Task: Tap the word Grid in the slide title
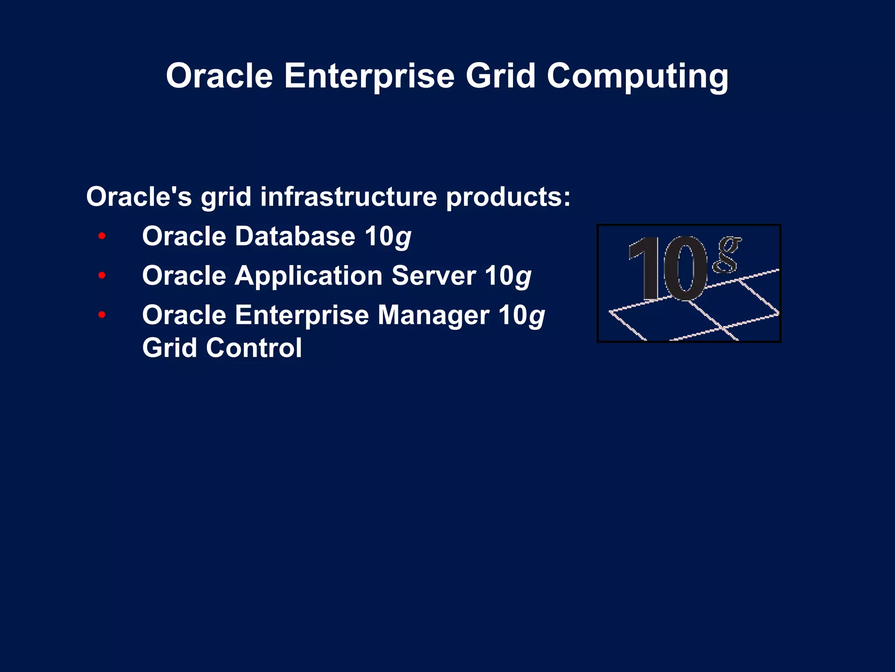[x=500, y=76]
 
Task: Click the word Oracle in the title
[x=219, y=76]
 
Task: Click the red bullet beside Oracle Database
[x=102, y=236]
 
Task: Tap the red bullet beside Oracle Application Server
[x=102, y=276]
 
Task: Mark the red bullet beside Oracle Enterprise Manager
[x=102, y=315]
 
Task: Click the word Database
[x=295, y=236]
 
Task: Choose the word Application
[x=309, y=276]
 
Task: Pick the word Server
[x=434, y=276]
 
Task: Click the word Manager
[x=434, y=315]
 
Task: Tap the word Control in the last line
[x=254, y=348]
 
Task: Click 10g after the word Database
[x=388, y=237]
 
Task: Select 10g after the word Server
[x=508, y=276]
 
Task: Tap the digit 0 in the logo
[x=684, y=268]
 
